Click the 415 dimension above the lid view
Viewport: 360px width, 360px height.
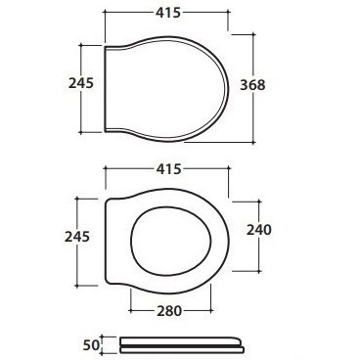pos(168,13)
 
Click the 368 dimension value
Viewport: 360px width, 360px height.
pos(252,85)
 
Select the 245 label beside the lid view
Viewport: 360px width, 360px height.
pos(81,83)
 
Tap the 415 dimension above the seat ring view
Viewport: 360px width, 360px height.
pos(168,169)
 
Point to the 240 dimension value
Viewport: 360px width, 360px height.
pos(258,230)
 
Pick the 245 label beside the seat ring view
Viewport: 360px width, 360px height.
pos(77,237)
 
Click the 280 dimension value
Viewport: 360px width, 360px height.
pos(169,311)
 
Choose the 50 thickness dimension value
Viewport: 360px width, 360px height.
pos(91,345)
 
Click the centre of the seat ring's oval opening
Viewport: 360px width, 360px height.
pos(170,241)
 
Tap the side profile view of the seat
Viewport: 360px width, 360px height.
pos(182,345)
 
